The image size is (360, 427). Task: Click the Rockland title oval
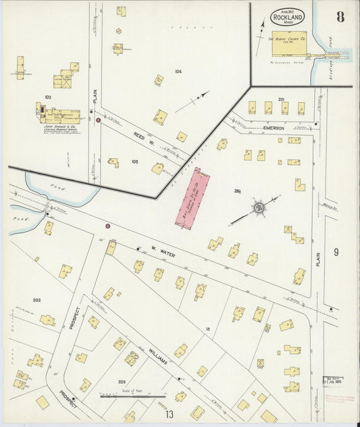pyautogui.click(x=288, y=16)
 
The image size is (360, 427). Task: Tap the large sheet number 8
pyautogui.click(x=340, y=18)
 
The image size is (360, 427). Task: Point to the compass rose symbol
pyautogui.click(x=257, y=207)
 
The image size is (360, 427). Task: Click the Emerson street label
pyautogui.click(x=274, y=127)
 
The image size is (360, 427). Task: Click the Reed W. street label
pyautogui.click(x=140, y=139)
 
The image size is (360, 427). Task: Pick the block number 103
pyautogui.click(x=48, y=98)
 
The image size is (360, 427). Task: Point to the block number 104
pyautogui.click(x=178, y=71)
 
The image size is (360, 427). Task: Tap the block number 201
pyautogui.click(x=281, y=99)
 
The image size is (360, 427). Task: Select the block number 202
pyautogui.click(x=36, y=299)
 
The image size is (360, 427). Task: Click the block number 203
pyautogui.click(x=122, y=382)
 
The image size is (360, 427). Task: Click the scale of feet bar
pyautogui.click(x=123, y=396)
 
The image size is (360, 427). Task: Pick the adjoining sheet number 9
pyautogui.click(x=336, y=252)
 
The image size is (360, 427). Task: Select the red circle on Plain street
pyautogui.click(x=99, y=120)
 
